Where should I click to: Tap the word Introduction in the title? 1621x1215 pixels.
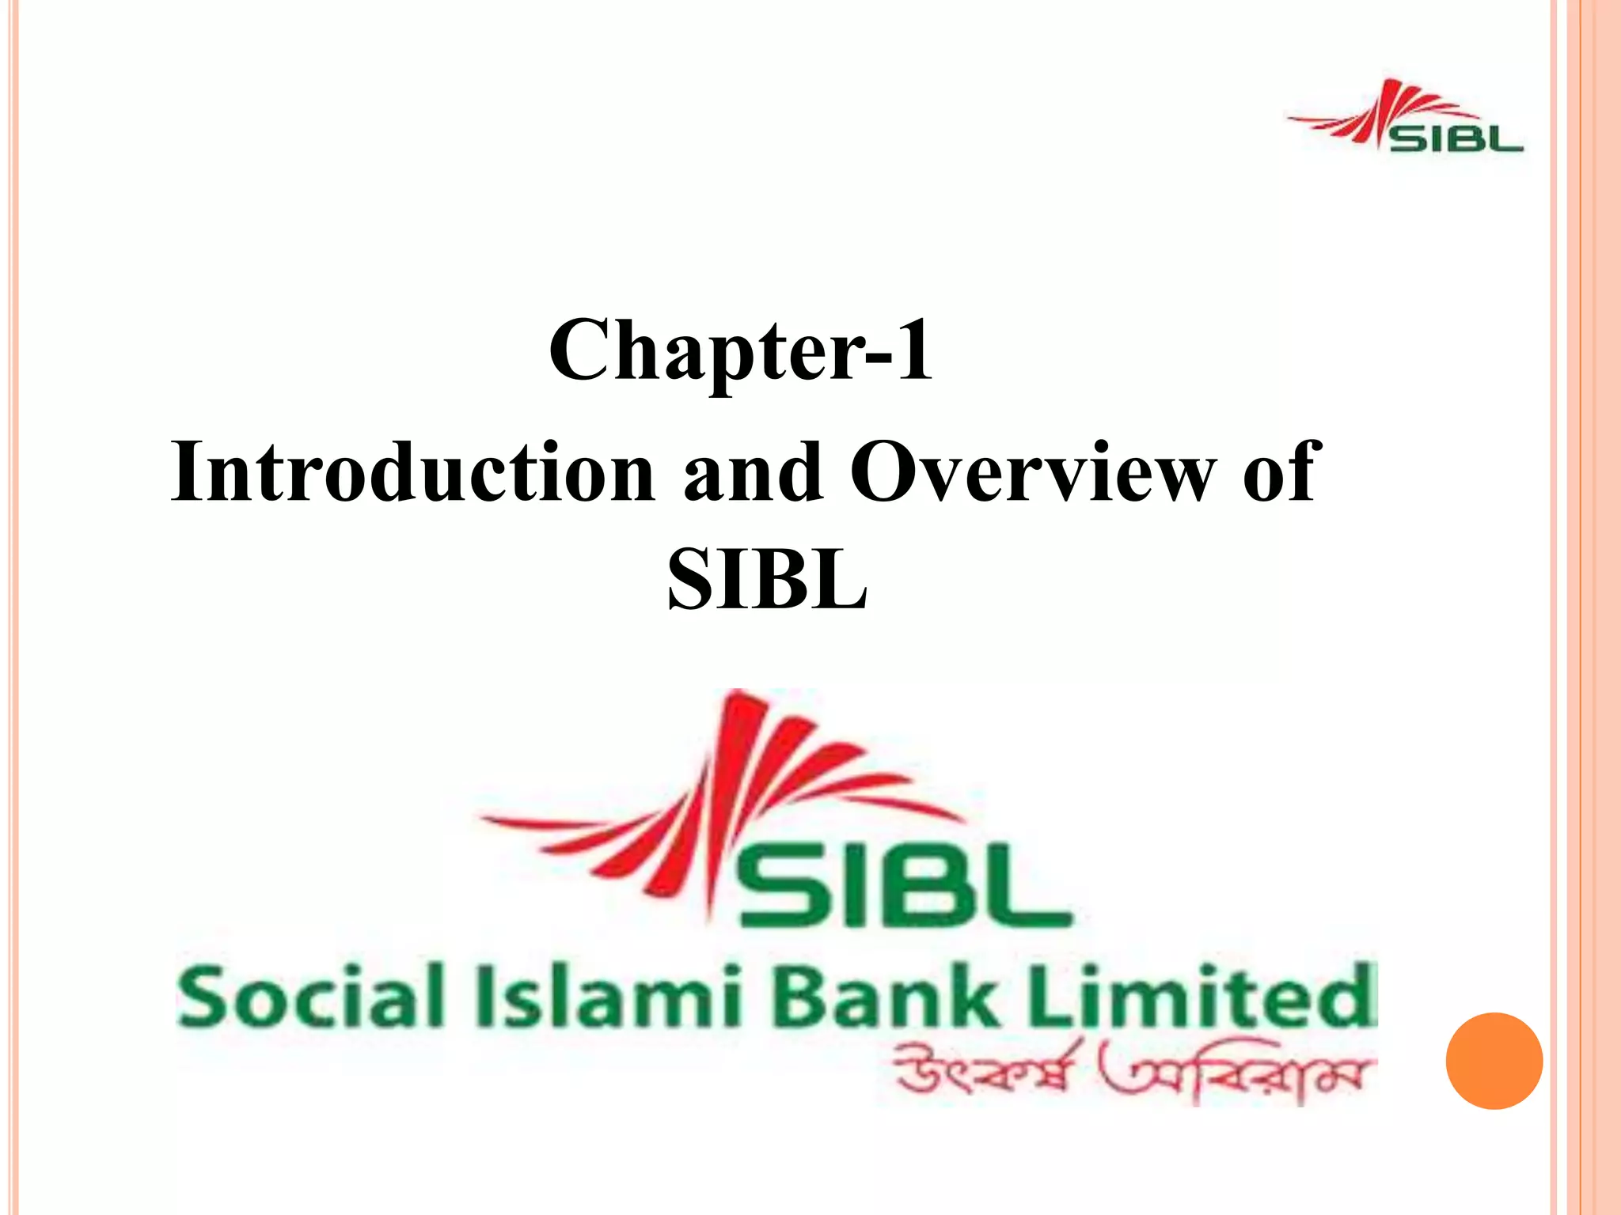[x=412, y=472]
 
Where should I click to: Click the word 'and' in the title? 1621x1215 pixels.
[x=753, y=472]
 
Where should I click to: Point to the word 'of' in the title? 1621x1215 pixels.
[x=1277, y=472]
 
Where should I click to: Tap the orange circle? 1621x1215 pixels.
[x=1494, y=1061]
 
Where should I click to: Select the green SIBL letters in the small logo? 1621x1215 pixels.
[x=1456, y=139]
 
